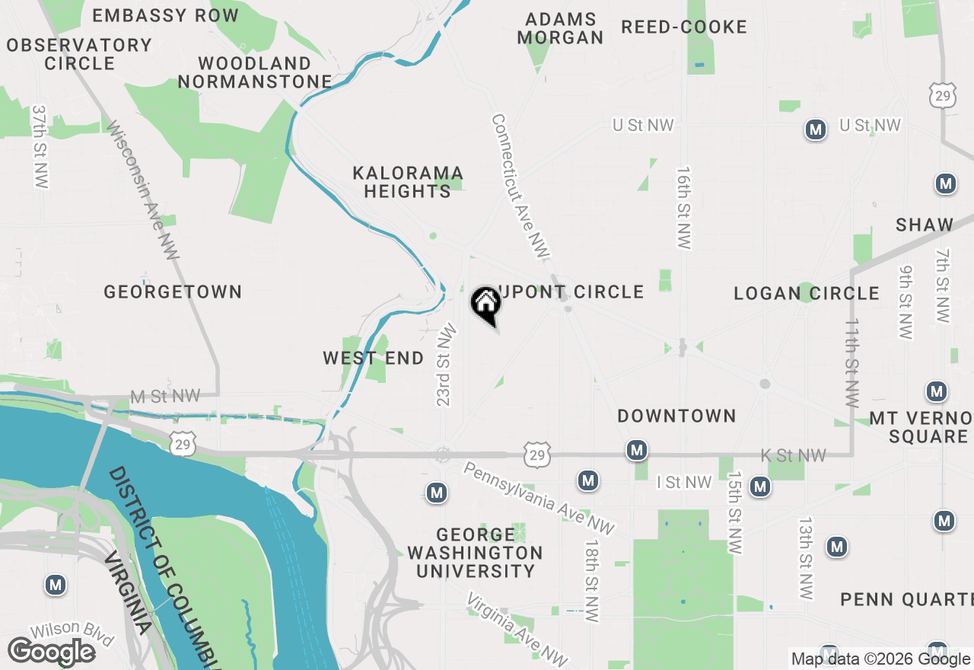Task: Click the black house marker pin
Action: (486, 304)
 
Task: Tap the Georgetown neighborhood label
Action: (173, 292)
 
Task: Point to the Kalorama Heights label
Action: (407, 182)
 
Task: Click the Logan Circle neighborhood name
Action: (807, 293)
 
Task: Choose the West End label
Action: (373, 358)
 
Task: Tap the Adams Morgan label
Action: (560, 28)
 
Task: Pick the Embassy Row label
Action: (165, 15)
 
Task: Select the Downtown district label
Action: (676, 416)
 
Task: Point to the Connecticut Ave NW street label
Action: (520, 186)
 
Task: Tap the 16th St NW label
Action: (683, 207)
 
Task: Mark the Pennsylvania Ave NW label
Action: (539, 498)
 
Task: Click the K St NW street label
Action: (793, 455)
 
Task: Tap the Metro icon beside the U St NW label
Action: (816, 130)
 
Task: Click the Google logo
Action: (51, 652)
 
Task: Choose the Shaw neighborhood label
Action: (925, 225)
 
